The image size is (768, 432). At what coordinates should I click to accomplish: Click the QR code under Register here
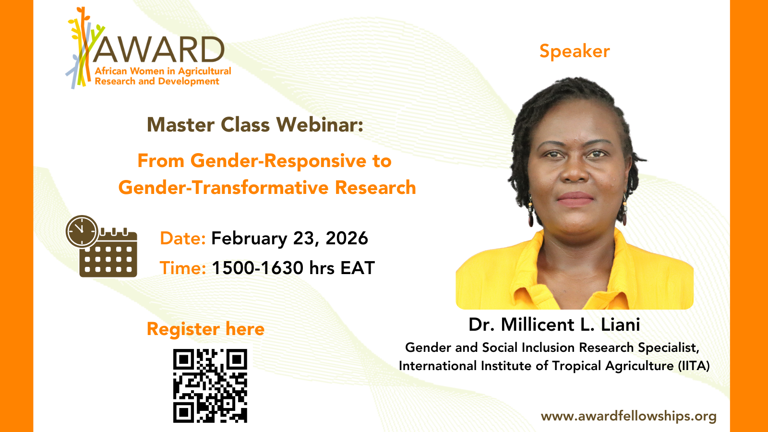pos(210,386)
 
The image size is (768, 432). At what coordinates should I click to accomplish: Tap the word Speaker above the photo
pos(575,52)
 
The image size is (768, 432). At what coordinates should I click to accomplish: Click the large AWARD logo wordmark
pos(158,50)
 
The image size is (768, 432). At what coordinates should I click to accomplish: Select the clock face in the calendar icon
pos(82,231)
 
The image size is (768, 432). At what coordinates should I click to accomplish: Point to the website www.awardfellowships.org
pos(629,416)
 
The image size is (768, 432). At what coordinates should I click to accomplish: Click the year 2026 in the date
pos(347,238)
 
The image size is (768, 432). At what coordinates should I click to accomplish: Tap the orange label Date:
pos(183,238)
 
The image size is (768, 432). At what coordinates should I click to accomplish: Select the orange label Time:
pos(183,268)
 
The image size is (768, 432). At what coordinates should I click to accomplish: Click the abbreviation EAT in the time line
pos(357,268)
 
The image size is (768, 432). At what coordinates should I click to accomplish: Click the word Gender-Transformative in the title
pos(224,188)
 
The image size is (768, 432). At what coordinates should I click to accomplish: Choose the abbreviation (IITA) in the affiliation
pos(694,366)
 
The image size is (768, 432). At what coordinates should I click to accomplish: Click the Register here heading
pos(205,329)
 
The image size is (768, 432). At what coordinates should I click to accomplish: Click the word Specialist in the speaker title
pos(668,348)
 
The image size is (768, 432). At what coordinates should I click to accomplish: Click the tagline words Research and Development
pos(156,81)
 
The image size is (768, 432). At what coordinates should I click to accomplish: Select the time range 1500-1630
pos(257,268)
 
